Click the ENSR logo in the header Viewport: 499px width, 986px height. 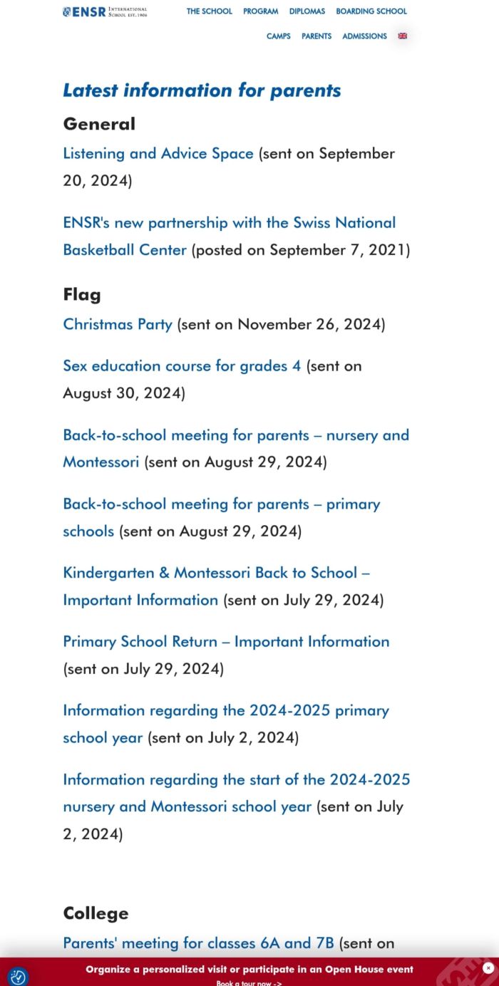pos(105,11)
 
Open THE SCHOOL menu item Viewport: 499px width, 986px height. pos(210,11)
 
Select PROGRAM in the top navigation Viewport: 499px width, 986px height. pos(260,11)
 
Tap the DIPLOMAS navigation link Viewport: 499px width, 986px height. pos(307,11)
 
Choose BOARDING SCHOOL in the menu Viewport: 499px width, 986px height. pos(371,11)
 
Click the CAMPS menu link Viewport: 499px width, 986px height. pos(279,36)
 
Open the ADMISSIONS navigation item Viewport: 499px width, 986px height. pos(364,36)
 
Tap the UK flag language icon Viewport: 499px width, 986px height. pos(403,36)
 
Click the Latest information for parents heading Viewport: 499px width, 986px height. pos(202,90)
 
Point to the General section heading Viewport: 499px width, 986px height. pos(99,124)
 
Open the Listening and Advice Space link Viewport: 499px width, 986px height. pos(158,154)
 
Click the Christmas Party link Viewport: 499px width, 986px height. pos(118,325)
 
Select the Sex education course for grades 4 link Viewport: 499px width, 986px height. pos(182,366)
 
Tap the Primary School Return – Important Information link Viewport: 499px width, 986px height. pos(226,642)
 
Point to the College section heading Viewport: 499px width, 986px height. pos(96,913)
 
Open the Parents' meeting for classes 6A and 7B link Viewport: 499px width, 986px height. pos(198,943)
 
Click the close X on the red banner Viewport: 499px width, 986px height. pos(488,967)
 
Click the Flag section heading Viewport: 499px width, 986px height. pos(82,295)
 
